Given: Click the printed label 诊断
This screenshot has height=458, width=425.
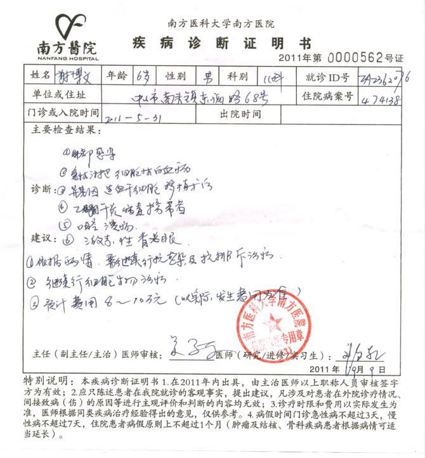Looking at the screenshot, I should (42, 189).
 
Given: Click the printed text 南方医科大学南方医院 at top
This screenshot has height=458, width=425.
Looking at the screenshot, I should (221, 23).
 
